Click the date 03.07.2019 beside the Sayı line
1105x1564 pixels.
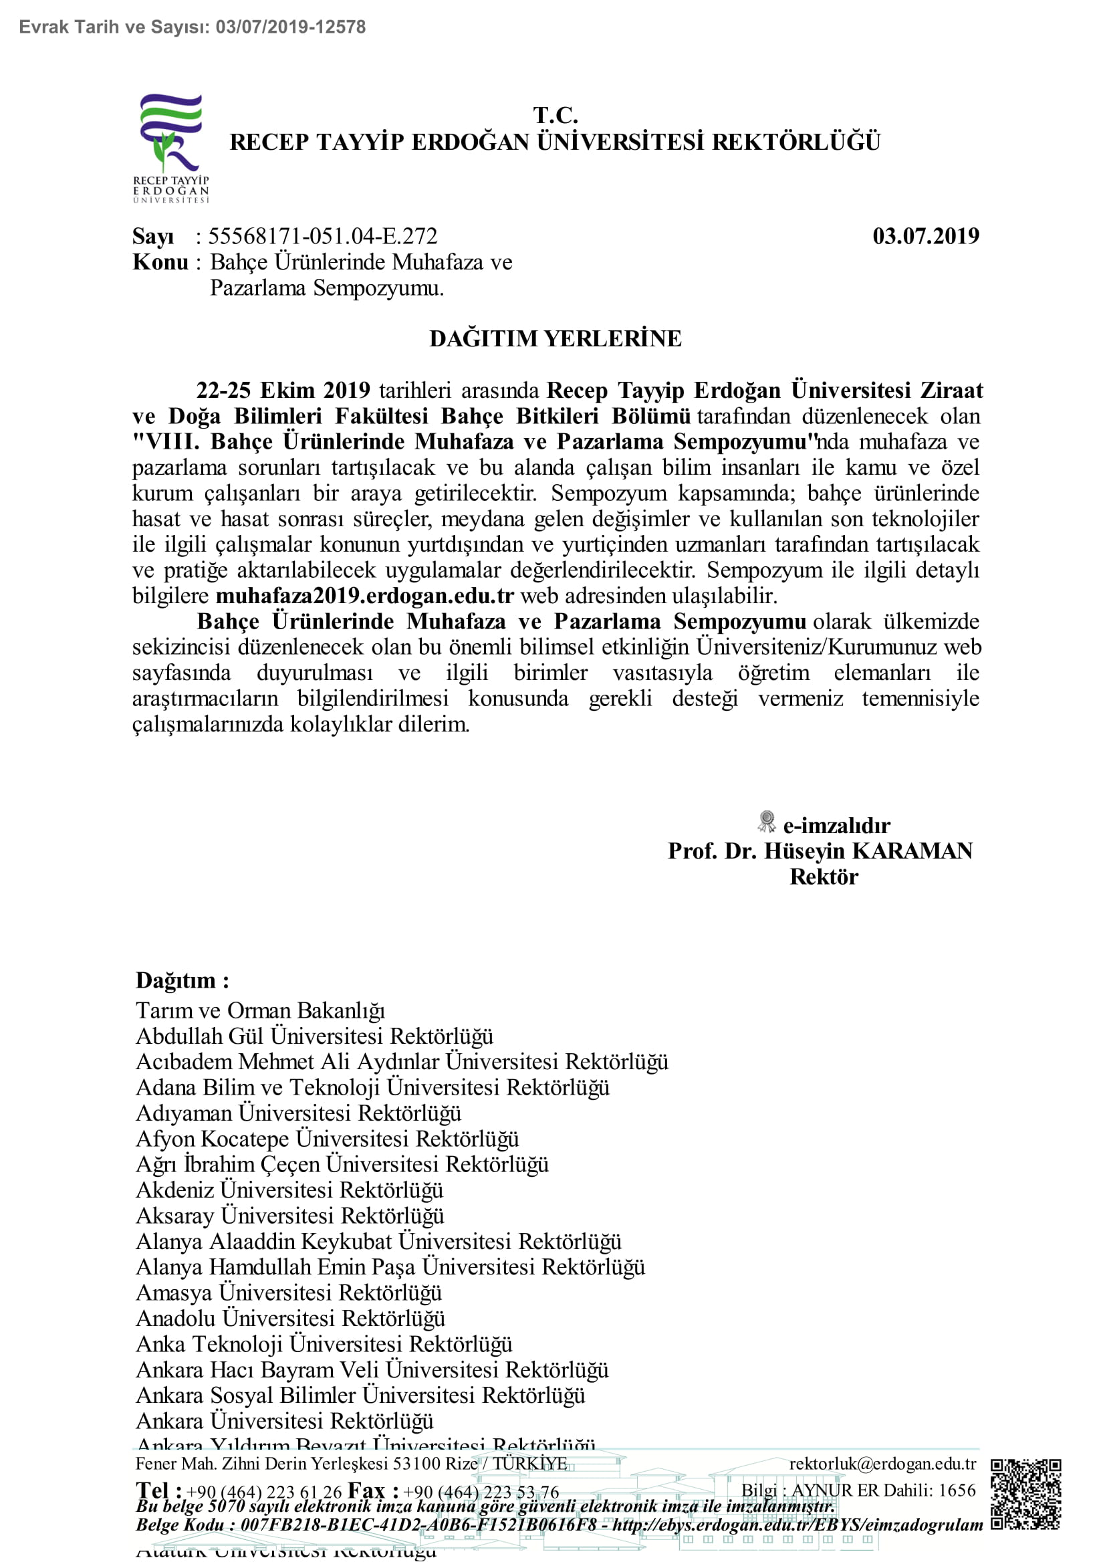925,236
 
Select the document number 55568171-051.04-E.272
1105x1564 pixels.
323,236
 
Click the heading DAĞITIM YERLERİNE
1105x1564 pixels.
555,338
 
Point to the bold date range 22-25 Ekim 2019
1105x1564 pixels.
283,390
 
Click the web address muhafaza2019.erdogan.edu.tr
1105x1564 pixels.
365,596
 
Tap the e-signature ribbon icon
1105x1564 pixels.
767,822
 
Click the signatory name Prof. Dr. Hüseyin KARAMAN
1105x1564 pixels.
820,851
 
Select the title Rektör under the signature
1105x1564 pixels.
824,877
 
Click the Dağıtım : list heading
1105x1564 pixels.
182,980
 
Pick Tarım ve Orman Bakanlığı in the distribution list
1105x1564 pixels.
260,1010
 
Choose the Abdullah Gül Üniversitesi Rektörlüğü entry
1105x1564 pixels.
315,1036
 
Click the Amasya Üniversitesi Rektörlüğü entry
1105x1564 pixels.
289,1293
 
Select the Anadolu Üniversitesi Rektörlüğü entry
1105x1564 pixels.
290,1318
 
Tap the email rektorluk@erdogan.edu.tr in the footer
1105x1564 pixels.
882,1464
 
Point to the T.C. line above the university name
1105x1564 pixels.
555,114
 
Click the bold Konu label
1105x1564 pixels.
160,262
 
